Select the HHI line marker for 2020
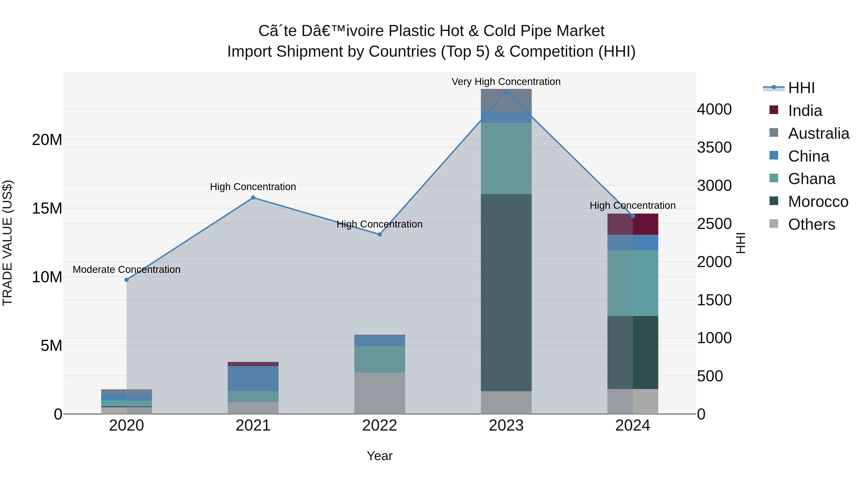[x=127, y=280]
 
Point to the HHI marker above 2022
[x=379, y=234]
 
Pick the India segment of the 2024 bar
[x=633, y=224]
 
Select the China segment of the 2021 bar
[x=253, y=378]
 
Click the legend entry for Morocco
[x=817, y=202]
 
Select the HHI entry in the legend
[x=801, y=88]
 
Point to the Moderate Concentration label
[x=127, y=269]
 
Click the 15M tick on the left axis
[x=47, y=208]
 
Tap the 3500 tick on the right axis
[x=714, y=147]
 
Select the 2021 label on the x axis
[x=253, y=426]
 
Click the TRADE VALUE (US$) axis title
[x=7, y=243]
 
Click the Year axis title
[x=379, y=456]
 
